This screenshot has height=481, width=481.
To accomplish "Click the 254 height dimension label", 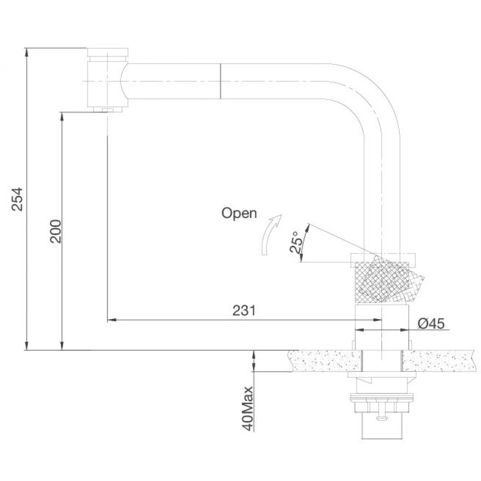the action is coord(17,199).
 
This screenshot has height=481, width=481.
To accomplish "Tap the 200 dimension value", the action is coord(56,231).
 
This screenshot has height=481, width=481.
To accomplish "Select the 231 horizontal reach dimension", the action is coord(244,310).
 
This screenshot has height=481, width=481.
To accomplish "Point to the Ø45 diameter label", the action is coord(431,323).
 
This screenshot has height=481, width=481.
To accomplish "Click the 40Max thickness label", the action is coord(248,408).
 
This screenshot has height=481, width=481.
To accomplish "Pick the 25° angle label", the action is coord(296,242).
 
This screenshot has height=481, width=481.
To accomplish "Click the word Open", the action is coord(239,213).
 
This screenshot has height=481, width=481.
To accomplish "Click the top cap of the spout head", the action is coord(108,52).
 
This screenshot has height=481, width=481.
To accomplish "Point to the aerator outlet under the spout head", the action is coord(107,109).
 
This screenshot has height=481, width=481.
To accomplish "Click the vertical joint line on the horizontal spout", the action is coord(220,81).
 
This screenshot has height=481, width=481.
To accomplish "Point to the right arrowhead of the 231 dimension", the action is coord(378,320).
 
